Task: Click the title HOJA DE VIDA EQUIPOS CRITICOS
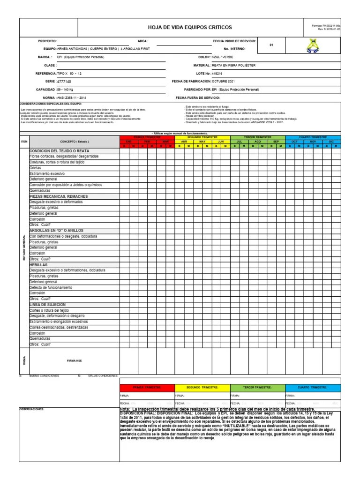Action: (190, 28)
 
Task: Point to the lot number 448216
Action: (217, 74)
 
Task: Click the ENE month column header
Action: (128, 141)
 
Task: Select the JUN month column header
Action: (221, 141)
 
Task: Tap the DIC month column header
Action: (331, 141)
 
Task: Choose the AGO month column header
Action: (257, 141)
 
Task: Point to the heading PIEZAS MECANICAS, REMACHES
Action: (58, 196)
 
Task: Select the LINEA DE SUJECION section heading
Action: (48, 305)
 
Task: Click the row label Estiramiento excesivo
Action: (47, 173)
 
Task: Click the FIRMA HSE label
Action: (75, 360)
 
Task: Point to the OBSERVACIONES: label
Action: (31, 409)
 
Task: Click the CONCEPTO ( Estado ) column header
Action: (74, 141)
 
